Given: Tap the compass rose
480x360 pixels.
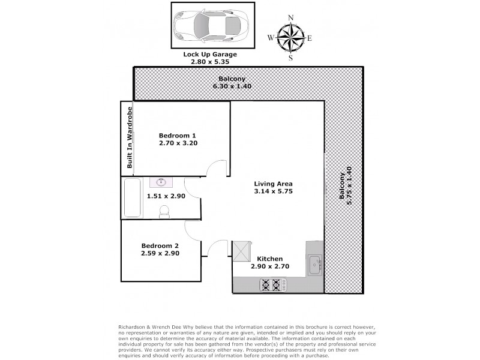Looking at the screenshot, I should pyautogui.click(x=290, y=37).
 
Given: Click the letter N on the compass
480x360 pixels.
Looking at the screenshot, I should pyautogui.click(x=290, y=17).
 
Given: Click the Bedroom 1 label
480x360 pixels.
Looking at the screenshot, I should pyautogui.click(x=178, y=135).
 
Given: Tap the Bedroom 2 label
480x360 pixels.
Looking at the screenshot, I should pyautogui.click(x=160, y=245).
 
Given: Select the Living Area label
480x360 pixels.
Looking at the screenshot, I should pyautogui.click(x=272, y=184).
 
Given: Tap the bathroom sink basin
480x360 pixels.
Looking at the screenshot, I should pyautogui.click(x=161, y=182).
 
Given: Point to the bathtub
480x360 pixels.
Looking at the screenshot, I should pyautogui.click(x=132, y=199).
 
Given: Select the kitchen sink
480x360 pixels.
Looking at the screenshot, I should pyautogui.click(x=315, y=262).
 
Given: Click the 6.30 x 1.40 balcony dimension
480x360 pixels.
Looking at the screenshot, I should pyautogui.click(x=232, y=86).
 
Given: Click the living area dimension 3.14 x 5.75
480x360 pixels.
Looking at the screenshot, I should pyautogui.click(x=272, y=191).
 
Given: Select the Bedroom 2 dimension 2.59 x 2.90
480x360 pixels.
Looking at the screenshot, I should pyautogui.click(x=160, y=253).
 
